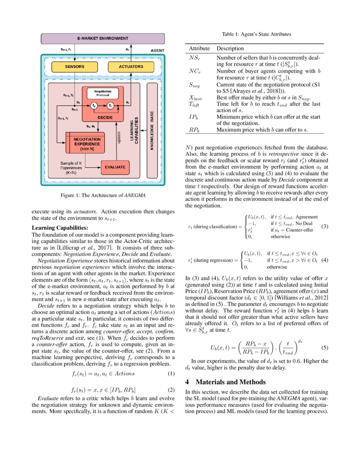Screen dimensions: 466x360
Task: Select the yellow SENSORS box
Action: click(x=75, y=67)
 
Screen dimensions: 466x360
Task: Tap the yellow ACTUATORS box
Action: click(x=131, y=67)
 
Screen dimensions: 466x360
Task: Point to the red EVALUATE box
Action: click(x=115, y=167)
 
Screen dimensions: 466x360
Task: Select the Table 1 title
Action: click(x=257, y=34)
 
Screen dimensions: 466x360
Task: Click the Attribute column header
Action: click(x=199, y=49)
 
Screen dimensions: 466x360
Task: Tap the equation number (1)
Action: click(x=171, y=374)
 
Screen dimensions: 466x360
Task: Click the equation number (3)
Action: click(x=325, y=227)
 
